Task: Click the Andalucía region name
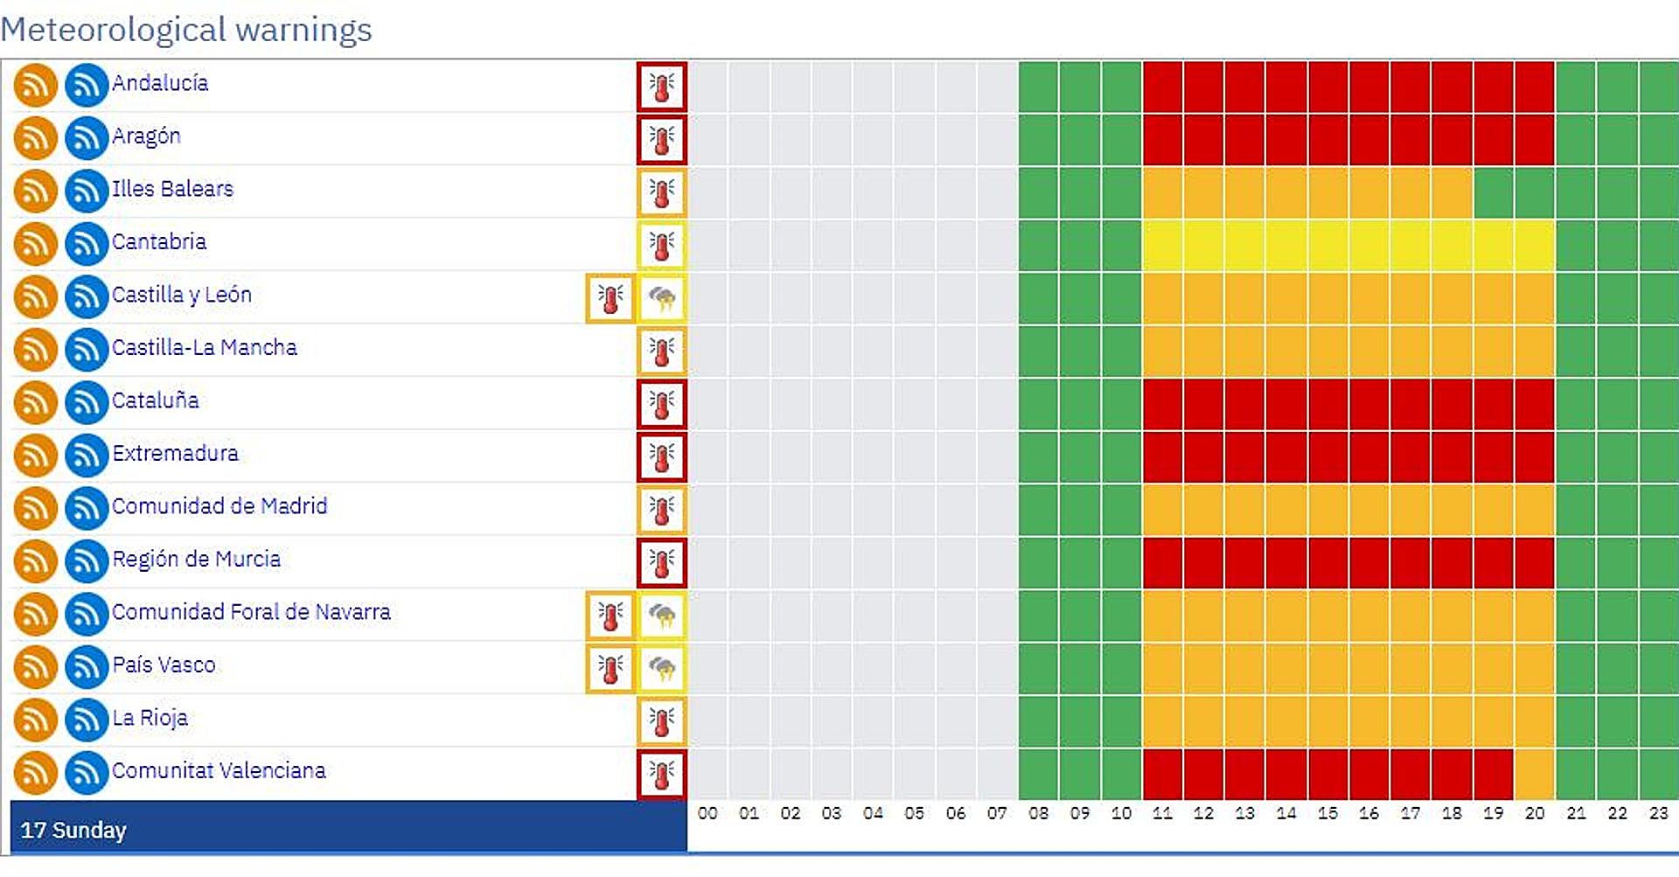click(160, 83)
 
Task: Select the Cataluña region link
click(156, 400)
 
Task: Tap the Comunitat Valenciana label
click(219, 770)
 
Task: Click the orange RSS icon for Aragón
click(35, 138)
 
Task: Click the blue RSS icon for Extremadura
click(86, 456)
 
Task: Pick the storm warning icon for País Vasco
click(662, 669)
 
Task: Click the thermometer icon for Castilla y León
click(610, 298)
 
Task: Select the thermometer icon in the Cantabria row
click(662, 245)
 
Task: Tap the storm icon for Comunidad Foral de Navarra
click(662, 616)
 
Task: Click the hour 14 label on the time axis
click(1285, 813)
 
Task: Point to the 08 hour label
click(1038, 813)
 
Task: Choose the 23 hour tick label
click(1658, 813)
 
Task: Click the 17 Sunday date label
click(73, 830)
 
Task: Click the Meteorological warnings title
click(186, 29)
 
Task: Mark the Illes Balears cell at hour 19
click(1494, 192)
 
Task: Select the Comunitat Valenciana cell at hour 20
click(1535, 774)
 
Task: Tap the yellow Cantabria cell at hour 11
click(1163, 245)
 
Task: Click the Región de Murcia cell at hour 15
click(1328, 562)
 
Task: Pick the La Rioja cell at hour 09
click(1080, 720)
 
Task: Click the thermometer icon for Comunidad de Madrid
click(662, 510)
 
